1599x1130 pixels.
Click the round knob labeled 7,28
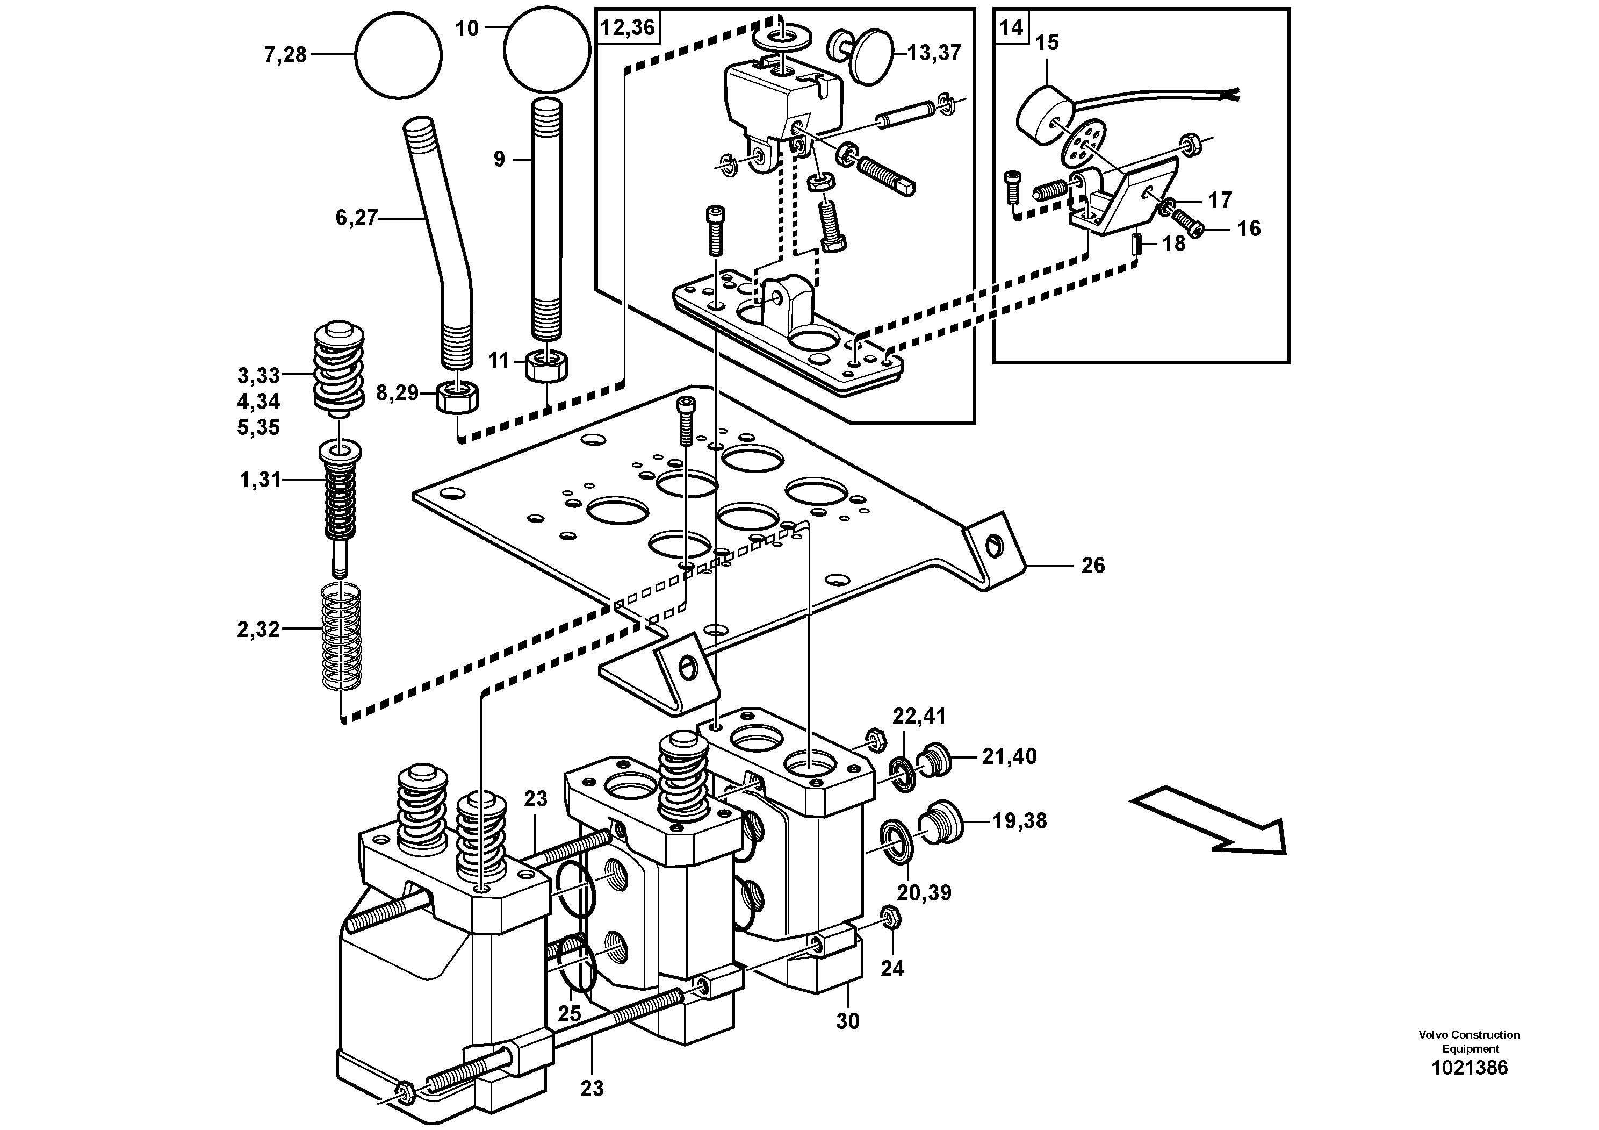tap(398, 55)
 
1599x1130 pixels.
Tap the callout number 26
tap(1093, 566)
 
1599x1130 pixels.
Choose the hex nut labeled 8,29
tap(458, 398)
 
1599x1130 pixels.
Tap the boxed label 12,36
tap(628, 27)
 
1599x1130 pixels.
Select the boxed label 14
tap(1011, 27)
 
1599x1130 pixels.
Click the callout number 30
tap(847, 1021)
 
